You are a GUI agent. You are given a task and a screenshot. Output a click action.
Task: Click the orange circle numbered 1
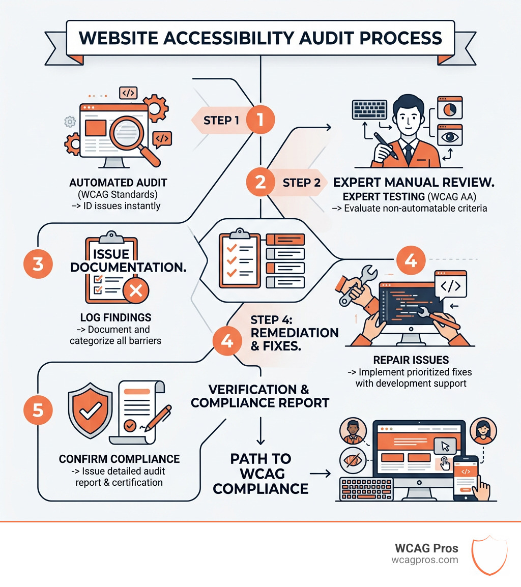[260, 120]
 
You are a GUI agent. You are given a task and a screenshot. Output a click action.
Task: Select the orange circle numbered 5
[38, 410]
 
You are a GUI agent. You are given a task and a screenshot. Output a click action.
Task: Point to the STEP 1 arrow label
[221, 121]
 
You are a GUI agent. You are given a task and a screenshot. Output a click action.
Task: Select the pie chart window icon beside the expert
[450, 108]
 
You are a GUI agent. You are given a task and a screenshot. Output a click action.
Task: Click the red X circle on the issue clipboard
[136, 290]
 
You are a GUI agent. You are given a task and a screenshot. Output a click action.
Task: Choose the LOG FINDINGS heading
[115, 317]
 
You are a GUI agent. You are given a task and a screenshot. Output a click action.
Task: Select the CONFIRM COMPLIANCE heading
[119, 459]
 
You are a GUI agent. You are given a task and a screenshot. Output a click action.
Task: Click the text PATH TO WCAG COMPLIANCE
[260, 474]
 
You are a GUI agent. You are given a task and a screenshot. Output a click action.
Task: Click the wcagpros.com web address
[424, 560]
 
